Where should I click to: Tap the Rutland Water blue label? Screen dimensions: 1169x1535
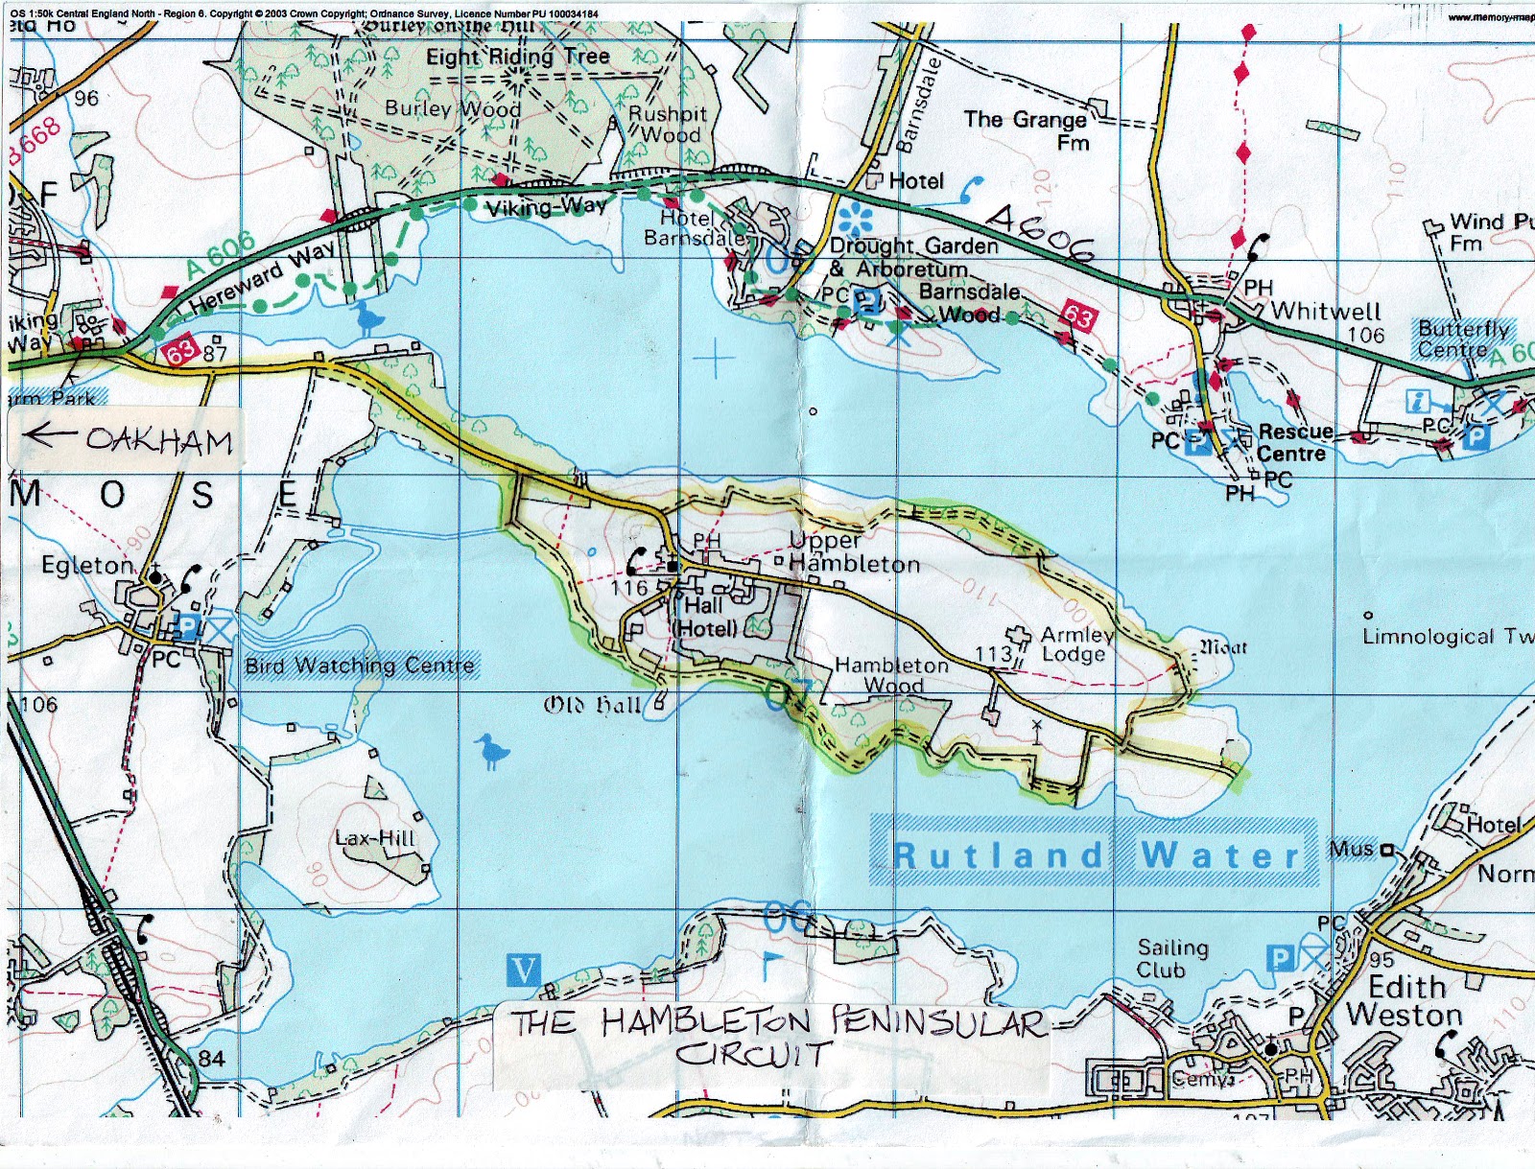1094,853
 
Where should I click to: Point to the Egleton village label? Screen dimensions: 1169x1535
87,566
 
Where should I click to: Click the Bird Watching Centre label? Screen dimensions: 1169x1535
360,665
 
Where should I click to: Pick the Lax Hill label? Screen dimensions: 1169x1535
375,838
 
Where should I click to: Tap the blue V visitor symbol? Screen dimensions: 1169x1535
523,970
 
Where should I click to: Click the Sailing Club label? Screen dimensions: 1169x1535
1172,958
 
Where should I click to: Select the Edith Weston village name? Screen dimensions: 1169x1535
1405,1000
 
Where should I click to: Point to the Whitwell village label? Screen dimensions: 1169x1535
1326,311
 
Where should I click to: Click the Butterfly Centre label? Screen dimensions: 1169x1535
1463,339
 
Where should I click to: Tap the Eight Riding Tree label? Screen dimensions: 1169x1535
517,57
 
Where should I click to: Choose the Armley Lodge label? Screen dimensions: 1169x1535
1076,643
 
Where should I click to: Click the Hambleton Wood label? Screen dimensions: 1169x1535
892,674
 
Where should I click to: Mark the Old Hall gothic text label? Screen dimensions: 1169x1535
592,705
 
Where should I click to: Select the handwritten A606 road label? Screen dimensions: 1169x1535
1041,233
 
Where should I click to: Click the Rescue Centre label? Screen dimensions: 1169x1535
1293,442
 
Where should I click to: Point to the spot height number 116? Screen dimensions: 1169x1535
628,587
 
